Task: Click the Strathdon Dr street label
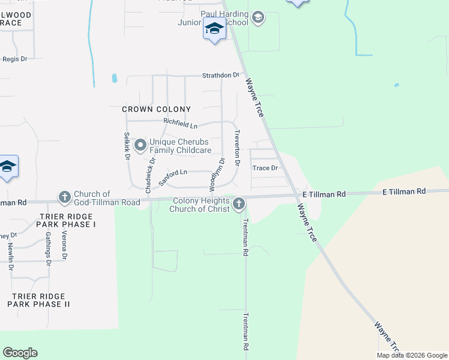coord(220,76)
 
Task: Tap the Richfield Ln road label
coord(181,124)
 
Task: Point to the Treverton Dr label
coord(237,148)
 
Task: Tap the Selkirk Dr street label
coord(127,146)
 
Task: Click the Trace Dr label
coord(265,168)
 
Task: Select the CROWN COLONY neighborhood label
coord(156,109)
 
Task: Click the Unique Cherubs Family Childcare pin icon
coord(140,145)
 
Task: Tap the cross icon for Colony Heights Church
coord(239,205)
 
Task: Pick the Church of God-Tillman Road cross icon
coord(64,197)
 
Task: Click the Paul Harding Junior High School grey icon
coord(258,17)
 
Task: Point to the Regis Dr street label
coord(15,59)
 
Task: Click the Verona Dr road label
coord(64,245)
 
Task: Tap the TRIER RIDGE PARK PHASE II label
coord(38,300)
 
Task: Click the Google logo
coord(20,353)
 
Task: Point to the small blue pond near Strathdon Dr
coord(114,78)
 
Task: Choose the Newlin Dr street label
coord(10,256)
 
